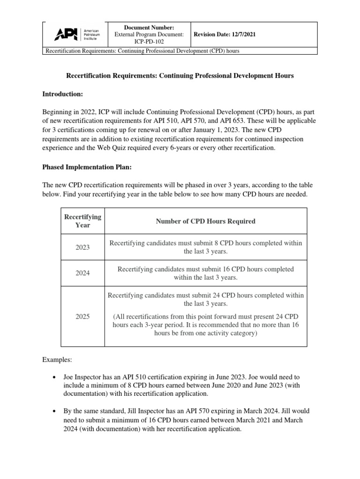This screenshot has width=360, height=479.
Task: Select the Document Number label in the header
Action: [148, 28]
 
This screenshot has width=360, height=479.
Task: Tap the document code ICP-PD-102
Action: [148, 41]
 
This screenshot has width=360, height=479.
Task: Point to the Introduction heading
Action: [62, 94]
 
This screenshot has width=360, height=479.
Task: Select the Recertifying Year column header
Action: [75, 221]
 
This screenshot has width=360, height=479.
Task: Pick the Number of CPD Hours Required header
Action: [205, 221]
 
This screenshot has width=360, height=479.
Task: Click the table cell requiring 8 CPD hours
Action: [205, 247]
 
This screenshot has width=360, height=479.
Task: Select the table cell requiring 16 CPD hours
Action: [205, 273]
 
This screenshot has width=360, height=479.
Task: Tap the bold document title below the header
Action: [180, 75]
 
